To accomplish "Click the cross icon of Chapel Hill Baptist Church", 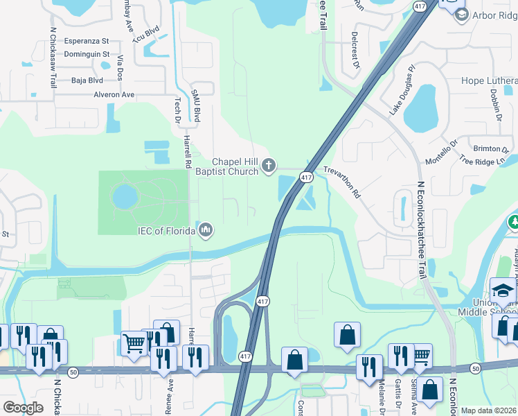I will (269, 166).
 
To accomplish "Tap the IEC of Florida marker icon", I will (205, 229).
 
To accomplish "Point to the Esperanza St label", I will (87, 41).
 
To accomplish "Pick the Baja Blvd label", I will (87, 80).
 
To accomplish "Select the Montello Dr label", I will (441, 153).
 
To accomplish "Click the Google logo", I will (23, 408).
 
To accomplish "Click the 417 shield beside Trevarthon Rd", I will (305, 178).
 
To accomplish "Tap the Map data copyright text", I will (489, 410).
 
